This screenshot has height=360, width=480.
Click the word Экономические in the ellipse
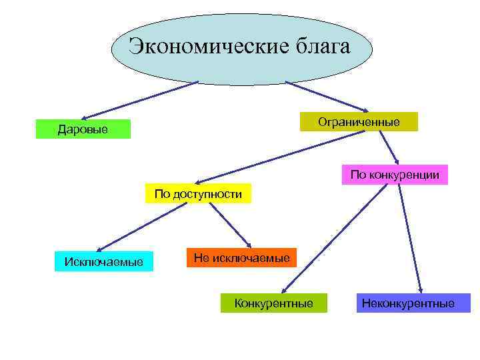pyautogui.click(x=200, y=47)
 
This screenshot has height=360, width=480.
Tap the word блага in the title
pyautogui.click(x=317, y=47)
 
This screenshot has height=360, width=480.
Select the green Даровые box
pyautogui.click(x=83, y=129)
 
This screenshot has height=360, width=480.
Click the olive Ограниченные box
pyautogui.click(x=359, y=122)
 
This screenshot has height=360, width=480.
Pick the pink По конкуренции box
pyautogui.click(x=395, y=175)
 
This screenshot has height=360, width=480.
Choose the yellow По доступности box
pyautogui.click(x=198, y=194)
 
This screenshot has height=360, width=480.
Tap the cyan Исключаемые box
pyautogui.click(x=103, y=261)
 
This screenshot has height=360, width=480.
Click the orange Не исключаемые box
pyautogui.click(x=241, y=258)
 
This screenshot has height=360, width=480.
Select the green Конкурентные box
pyautogui.click(x=273, y=303)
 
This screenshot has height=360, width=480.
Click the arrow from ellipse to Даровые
pyautogui.click(x=141, y=100)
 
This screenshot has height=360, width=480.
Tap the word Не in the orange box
pyautogui.click(x=201, y=258)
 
